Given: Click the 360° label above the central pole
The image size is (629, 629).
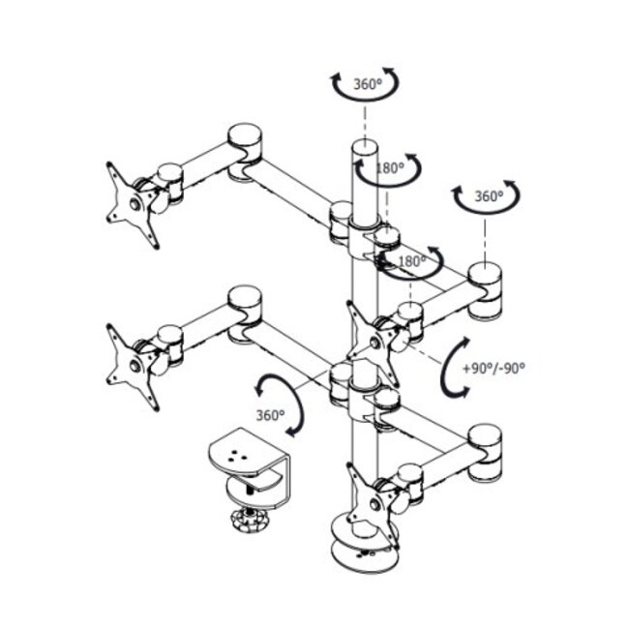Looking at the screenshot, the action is coord(367,84).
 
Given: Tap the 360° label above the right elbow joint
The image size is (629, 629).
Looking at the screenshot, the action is coord(489,196).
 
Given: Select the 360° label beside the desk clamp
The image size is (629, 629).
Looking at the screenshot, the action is coord(270,415).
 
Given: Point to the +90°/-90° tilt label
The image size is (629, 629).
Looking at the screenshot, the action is coord(494,369).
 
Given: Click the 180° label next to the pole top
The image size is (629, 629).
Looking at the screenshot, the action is coord(390,168).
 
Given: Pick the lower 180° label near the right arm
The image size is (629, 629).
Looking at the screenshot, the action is coord(412,261).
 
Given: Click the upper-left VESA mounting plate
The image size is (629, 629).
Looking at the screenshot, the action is coord(132,204).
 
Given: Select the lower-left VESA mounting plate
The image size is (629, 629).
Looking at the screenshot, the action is coord(132,367).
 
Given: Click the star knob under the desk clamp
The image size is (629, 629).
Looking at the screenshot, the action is coord(249,521).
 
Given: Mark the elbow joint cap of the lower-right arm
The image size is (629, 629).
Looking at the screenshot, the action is coord(485,436).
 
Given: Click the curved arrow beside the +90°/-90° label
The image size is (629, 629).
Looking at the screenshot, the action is coord(444,367).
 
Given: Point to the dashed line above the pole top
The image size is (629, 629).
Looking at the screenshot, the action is coord(365,122).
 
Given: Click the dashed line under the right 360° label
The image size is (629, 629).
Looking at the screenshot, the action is coord(485,241).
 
